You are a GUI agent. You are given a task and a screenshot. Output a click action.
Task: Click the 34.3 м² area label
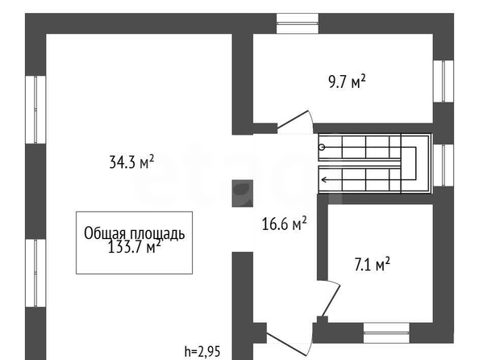[x=131, y=161]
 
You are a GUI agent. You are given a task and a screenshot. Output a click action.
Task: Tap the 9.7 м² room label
[x=347, y=82]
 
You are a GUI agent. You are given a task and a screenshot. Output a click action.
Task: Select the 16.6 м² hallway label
[x=285, y=224]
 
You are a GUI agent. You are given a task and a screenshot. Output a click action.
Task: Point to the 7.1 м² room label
[x=372, y=265]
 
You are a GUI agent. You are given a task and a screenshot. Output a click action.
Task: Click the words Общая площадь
[x=135, y=233]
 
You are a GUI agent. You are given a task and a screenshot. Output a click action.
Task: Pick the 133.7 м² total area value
[x=135, y=246]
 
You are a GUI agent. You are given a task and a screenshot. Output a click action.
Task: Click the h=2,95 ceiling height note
[x=202, y=351]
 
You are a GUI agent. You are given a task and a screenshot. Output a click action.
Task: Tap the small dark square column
[x=243, y=193]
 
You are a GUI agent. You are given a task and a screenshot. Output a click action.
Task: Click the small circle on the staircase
[x=322, y=148]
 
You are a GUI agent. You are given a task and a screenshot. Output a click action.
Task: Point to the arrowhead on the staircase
[x=324, y=179]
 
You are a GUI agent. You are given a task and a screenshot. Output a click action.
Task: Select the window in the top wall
[x=298, y=23]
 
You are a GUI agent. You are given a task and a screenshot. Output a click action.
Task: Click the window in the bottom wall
[x=386, y=333]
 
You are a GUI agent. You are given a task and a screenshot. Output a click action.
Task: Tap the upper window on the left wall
[x=35, y=110]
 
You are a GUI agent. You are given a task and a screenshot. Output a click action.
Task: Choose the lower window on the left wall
[x=35, y=273]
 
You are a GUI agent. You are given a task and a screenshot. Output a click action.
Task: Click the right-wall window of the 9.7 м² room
[x=444, y=81]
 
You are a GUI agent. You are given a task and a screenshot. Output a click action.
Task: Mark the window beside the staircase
[x=444, y=165]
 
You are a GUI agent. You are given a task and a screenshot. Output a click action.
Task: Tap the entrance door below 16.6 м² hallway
[x=289, y=343]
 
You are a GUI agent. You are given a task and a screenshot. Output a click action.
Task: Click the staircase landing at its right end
[x=416, y=164]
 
